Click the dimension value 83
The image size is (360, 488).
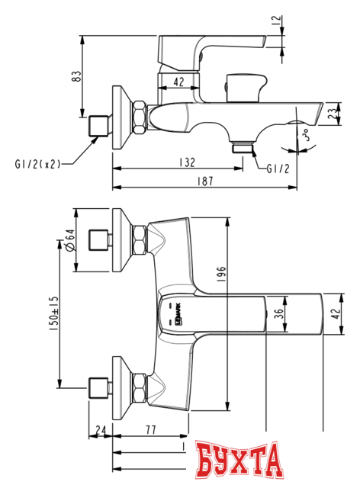73,76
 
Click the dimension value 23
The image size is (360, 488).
333,114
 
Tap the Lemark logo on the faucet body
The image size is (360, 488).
171,313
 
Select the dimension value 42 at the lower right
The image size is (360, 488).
333,313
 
